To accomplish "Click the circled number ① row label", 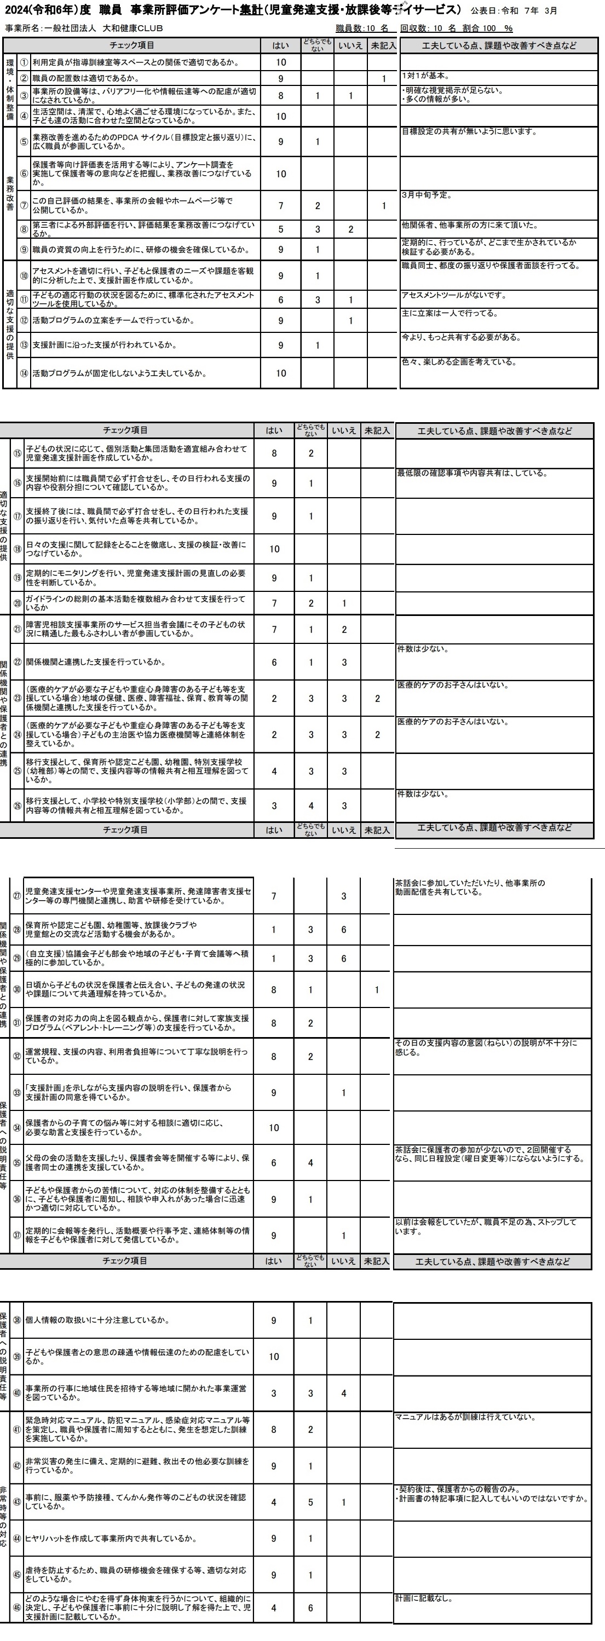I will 24,62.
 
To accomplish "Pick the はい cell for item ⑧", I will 281,229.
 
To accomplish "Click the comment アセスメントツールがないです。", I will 453,295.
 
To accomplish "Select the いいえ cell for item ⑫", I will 350,320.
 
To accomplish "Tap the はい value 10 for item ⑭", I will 281,373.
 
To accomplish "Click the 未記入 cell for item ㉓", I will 377,698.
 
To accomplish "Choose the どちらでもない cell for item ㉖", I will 311,806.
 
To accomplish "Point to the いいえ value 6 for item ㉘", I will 344,929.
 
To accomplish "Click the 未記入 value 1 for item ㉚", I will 377,990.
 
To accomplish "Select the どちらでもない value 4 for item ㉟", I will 311,1162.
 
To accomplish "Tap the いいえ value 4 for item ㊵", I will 344,1393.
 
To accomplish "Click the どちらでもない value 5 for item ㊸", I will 311,1502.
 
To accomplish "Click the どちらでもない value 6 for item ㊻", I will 311,1608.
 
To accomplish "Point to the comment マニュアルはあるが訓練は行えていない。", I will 465,1418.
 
